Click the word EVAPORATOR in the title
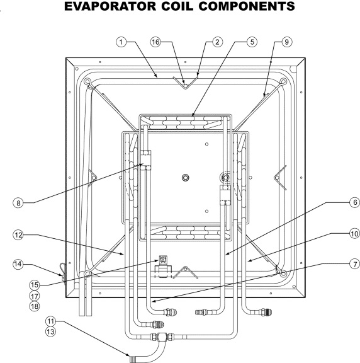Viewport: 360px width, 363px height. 110,6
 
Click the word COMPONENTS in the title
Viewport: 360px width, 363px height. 247,6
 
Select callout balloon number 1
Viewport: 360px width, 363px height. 121,42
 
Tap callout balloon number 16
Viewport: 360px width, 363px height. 155,42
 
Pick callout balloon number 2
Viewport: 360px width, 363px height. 217,42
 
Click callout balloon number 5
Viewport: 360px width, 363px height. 252,42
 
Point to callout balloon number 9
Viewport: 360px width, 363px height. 287,42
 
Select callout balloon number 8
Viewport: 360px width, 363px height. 18,203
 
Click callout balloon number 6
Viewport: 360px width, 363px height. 355,202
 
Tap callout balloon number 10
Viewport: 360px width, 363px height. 355,234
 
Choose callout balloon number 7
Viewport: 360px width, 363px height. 355,264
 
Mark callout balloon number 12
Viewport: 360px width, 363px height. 18,235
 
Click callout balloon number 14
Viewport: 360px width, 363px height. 18,264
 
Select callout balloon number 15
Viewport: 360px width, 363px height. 35,285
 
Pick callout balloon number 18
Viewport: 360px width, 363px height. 35,306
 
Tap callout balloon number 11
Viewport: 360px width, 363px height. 50,321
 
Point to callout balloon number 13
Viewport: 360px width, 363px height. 50,331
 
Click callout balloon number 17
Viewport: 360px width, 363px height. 35,296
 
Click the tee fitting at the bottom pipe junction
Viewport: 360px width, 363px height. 162,337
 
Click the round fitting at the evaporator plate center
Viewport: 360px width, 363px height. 186,178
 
